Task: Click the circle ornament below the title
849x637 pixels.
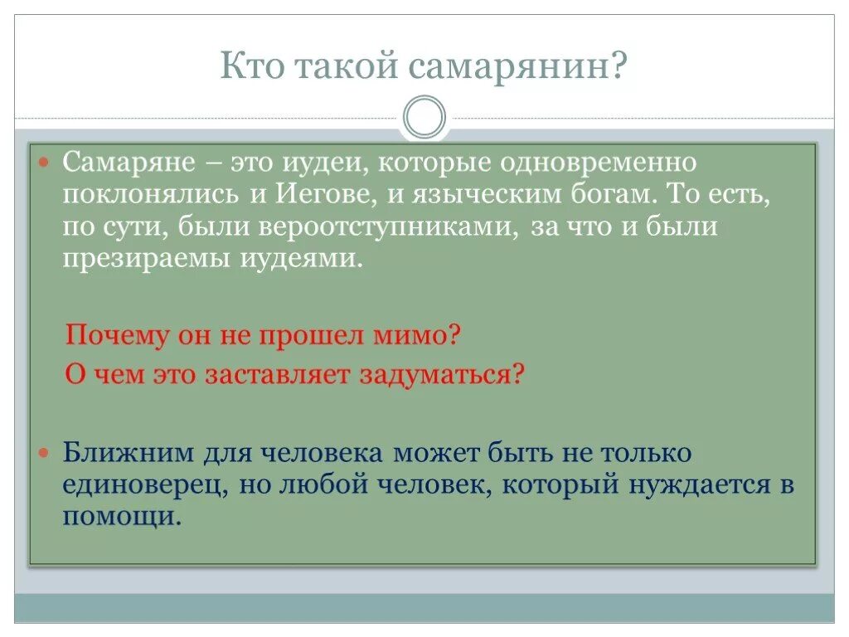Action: tap(424, 117)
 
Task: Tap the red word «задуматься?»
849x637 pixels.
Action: tap(442, 375)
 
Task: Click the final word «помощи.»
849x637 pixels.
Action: tap(122, 518)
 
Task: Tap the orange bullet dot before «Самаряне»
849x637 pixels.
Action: tap(46, 159)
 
